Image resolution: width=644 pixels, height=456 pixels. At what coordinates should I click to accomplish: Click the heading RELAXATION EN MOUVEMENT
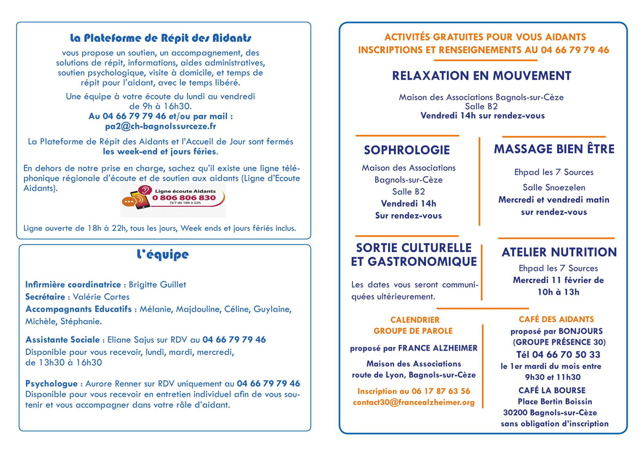pyautogui.click(x=481, y=76)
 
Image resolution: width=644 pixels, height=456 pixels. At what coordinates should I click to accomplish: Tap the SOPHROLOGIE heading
pyautogui.click(x=407, y=150)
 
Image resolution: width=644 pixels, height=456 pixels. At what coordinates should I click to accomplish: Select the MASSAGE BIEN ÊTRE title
pyautogui.click(x=554, y=149)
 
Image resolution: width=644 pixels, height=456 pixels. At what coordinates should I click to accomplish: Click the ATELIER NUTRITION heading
pyautogui.click(x=559, y=252)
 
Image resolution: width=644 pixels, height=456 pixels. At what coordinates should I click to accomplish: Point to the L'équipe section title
pyautogui.click(x=163, y=255)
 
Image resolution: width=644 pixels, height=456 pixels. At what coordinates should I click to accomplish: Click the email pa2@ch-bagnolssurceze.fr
pyautogui.click(x=160, y=126)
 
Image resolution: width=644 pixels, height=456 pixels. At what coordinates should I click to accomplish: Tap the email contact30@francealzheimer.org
pyautogui.click(x=414, y=403)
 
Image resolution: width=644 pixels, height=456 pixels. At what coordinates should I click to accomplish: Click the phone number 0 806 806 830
pyautogui.click(x=184, y=198)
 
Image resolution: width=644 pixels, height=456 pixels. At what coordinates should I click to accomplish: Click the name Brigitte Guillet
pyautogui.click(x=157, y=285)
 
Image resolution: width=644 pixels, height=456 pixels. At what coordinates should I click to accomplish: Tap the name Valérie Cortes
pyautogui.click(x=101, y=297)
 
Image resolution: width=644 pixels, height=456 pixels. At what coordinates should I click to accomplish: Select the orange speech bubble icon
pyautogui.click(x=128, y=202)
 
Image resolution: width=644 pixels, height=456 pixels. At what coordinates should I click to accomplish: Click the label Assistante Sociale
pyautogui.click(x=62, y=340)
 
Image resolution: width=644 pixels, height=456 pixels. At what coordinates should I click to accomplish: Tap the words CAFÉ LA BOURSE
pyautogui.click(x=552, y=391)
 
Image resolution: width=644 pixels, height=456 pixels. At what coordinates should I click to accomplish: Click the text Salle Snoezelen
pyautogui.click(x=554, y=188)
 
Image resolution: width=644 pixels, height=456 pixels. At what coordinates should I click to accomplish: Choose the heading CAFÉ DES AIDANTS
pyautogui.click(x=556, y=319)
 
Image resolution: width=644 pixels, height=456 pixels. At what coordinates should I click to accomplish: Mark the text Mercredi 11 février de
pyautogui.click(x=558, y=280)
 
